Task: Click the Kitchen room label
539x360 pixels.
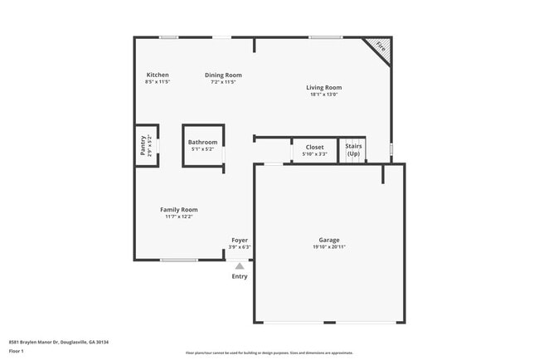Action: [x=157, y=75]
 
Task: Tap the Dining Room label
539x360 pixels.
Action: [x=223, y=75]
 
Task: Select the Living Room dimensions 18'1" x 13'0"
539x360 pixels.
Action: [x=323, y=95]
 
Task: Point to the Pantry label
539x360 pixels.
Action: [x=143, y=147]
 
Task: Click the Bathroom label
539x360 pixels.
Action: [x=202, y=142]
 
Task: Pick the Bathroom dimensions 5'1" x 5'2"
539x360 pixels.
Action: [x=202, y=149]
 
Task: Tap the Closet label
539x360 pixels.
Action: [x=314, y=147]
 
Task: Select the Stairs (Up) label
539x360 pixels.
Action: [x=353, y=150]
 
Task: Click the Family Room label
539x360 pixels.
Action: [x=178, y=209]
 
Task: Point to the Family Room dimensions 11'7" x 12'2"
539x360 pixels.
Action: [x=178, y=217]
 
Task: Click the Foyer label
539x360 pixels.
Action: [x=240, y=240]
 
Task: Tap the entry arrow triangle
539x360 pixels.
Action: [x=240, y=266]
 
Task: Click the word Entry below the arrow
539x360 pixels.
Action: [x=240, y=276]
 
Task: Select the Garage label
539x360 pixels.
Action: [x=329, y=240]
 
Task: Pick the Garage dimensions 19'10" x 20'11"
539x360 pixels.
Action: [x=329, y=247]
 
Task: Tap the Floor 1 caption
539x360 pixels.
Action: [x=17, y=351]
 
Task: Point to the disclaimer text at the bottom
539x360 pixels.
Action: [x=269, y=353]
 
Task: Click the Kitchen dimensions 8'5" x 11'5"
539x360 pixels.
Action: [x=157, y=82]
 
